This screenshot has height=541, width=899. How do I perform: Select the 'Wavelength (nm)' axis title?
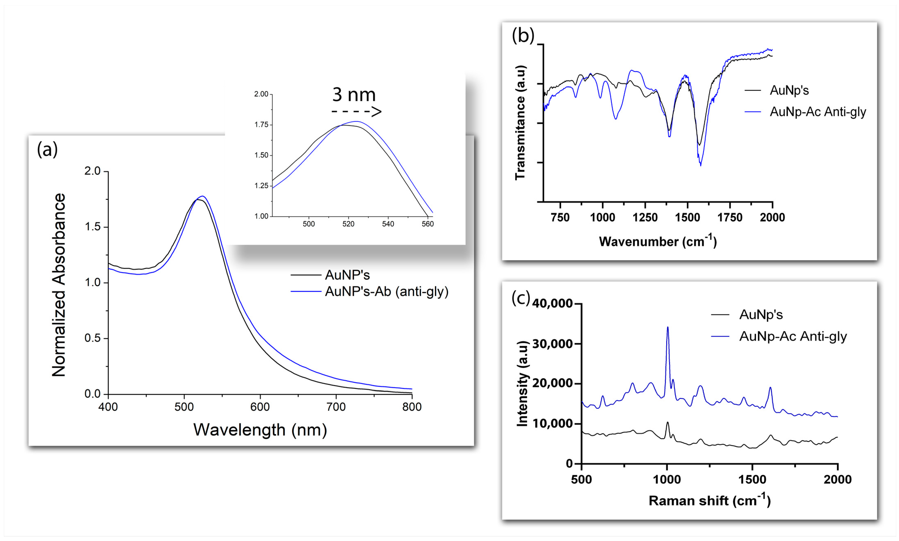click(x=260, y=430)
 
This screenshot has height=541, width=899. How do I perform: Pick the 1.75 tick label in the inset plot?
click(x=261, y=125)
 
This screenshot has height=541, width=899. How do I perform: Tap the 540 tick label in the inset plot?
click(x=388, y=224)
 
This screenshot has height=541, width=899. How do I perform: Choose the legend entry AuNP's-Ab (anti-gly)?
click(x=386, y=292)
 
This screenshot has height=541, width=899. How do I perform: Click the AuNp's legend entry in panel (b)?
click(x=789, y=90)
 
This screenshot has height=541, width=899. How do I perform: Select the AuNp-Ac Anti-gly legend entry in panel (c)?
click(x=793, y=336)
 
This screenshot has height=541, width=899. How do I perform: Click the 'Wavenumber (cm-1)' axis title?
click(x=658, y=241)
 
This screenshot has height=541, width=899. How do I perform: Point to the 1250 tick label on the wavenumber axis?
click(x=645, y=218)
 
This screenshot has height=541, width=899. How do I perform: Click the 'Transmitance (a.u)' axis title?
click(x=520, y=122)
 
